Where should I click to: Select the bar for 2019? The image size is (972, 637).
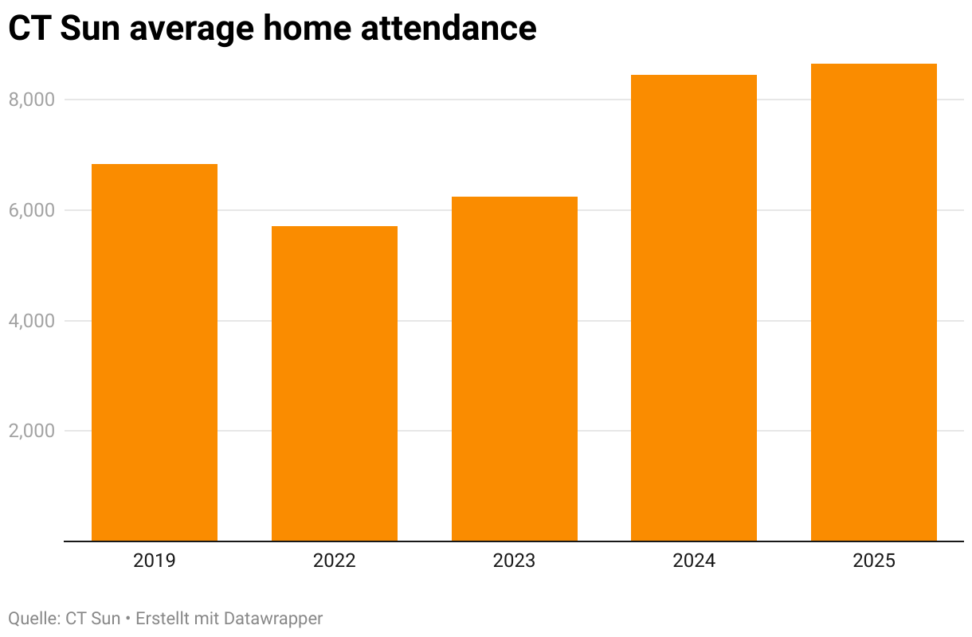pos(155,353)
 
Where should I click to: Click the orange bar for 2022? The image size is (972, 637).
pos(335,384)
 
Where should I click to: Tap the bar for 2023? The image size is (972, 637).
pos(514,369)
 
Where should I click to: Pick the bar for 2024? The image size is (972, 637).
pos(694,308)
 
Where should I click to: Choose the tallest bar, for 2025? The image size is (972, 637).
pos(873,303)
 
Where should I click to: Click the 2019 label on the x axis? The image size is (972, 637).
pos(155,561)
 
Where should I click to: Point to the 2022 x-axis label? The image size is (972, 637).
pos(335,561)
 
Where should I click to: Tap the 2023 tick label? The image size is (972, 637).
pos(514,561)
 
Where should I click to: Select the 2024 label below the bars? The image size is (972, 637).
pos(694,561)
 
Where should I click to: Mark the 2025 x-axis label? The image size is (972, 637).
pos(874,561)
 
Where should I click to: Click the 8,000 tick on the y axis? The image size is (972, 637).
pos(31,100)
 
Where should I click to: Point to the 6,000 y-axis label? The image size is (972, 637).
pos(31,210)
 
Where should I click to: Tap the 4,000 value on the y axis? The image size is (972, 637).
pos(31,321)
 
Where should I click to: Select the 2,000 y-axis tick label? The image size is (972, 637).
pos(31,431)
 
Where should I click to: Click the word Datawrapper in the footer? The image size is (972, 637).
pos(273,618)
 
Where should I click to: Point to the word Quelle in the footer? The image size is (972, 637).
pos(33,618)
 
